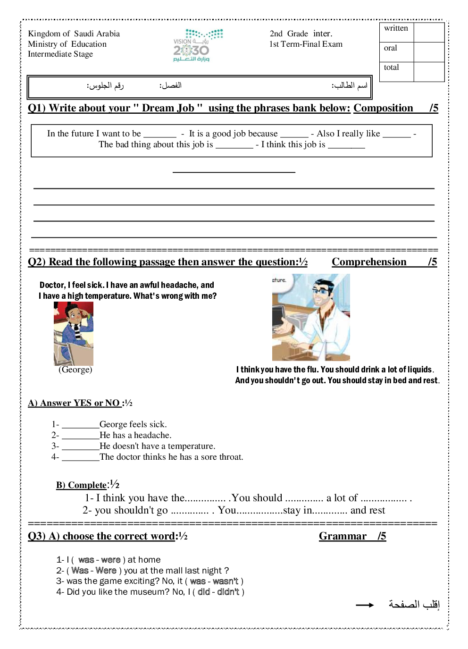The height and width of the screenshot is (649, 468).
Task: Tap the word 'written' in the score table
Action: tap(396, 28)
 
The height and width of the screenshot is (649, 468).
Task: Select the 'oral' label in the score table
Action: tap(390, 48)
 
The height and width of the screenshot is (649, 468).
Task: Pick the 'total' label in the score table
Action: tap(391, 67)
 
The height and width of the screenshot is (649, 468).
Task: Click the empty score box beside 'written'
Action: tap(429, 32)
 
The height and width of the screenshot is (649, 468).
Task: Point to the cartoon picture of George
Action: tap(74, 333)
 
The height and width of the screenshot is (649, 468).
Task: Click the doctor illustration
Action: tap(311, 317)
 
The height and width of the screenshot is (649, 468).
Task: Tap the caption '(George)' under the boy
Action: tap(75, 370)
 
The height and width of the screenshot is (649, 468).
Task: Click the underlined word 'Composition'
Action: tap(383, 108)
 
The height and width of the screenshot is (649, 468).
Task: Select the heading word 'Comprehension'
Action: tap(369, 262)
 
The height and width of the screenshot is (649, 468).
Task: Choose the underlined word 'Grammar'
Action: tap(343, 536)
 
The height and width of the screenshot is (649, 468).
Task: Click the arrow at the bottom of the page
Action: tap(365, 605)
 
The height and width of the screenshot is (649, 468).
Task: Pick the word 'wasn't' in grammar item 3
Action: tap(225, 582)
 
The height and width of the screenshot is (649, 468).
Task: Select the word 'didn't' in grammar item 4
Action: tap(228, 592)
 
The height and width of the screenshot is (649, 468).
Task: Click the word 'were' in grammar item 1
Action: tap(111, 560)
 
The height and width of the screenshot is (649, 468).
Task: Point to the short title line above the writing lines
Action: tap(234, 172)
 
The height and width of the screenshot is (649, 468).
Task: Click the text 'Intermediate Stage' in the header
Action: tap(60, 54)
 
